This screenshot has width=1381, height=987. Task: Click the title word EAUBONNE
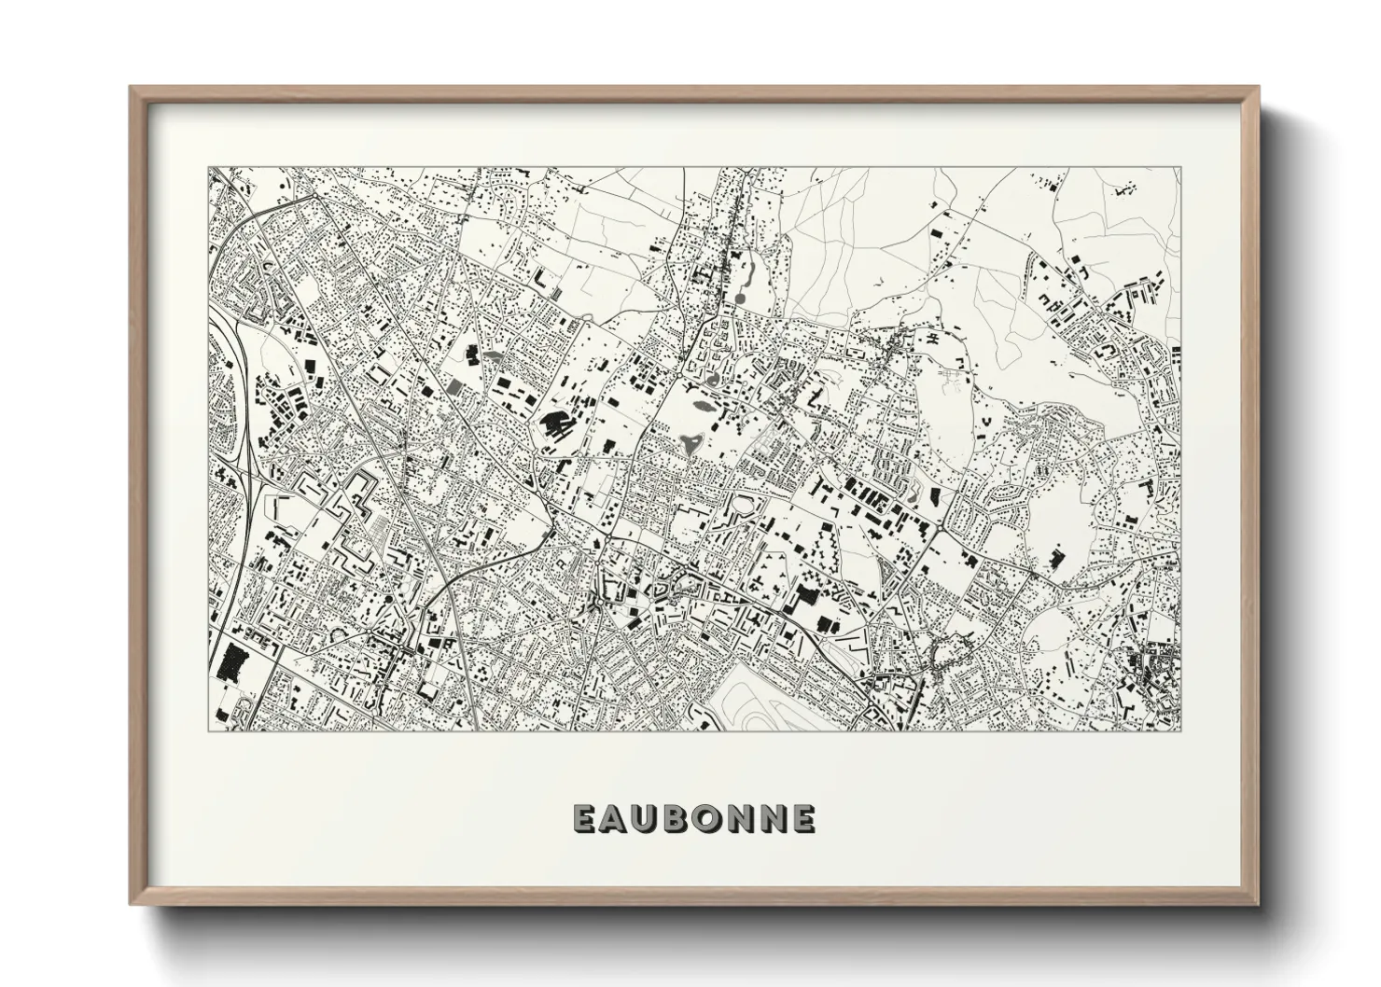coord(694,818)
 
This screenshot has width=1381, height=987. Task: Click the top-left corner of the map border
coord(207,169)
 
